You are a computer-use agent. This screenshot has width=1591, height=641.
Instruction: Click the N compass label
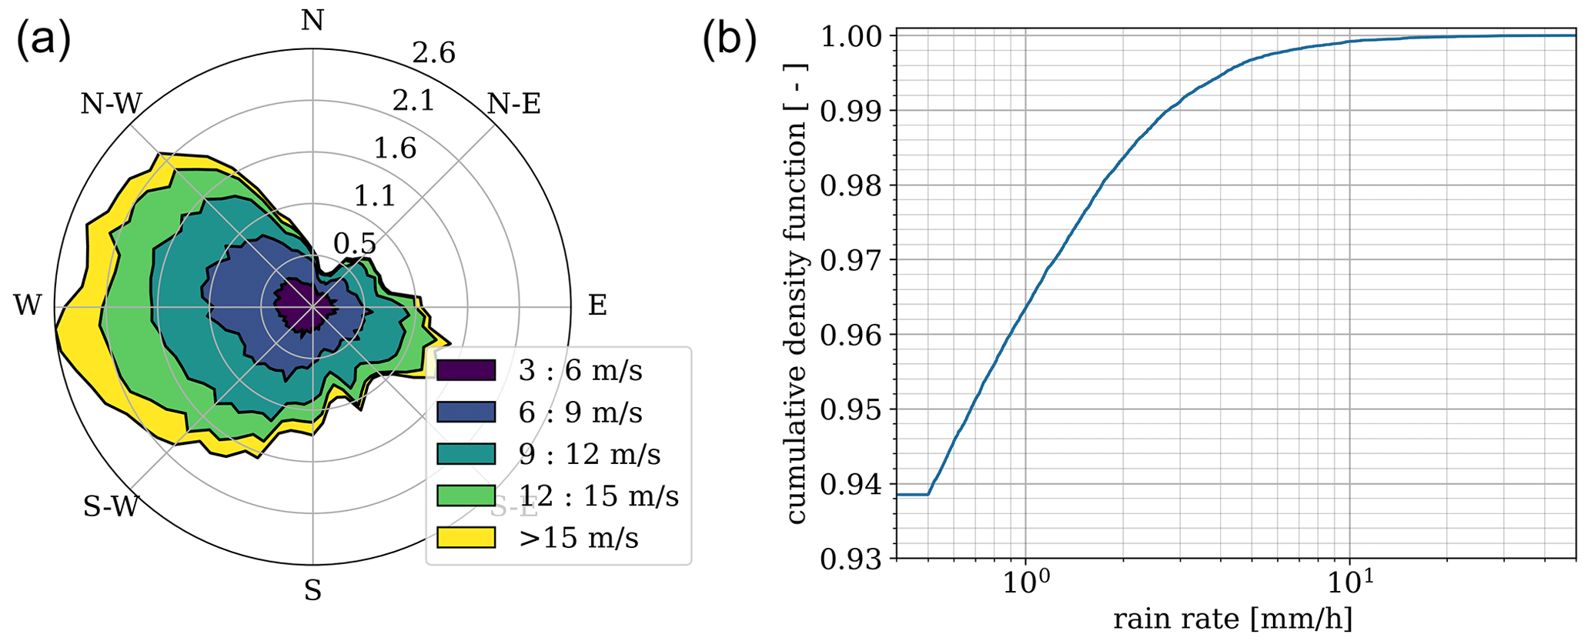pos(312,20)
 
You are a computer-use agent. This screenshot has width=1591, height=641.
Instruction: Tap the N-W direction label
pos(112,103)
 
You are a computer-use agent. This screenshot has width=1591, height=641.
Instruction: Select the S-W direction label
pos(111,506)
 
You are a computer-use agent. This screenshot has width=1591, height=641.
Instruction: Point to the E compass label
pos(597,305)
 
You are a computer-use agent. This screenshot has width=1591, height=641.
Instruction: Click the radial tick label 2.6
pos(433,53)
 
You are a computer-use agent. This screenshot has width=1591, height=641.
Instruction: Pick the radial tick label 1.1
pos(375,196)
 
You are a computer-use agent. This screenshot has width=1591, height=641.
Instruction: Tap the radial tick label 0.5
pos(355,244)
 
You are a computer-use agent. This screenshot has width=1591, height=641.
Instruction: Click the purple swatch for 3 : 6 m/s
pos(466,371)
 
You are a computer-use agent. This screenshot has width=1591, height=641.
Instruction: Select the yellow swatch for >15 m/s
pos(466,537)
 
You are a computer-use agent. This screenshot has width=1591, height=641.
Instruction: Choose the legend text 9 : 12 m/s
pos(590,454)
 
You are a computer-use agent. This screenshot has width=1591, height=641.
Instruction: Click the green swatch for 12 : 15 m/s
pos(466,496)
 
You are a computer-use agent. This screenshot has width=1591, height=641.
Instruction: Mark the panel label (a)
pos(43,40)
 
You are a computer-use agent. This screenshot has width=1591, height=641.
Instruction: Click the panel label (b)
pos(729,40)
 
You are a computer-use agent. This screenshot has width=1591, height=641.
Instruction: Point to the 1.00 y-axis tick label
pos(854,36)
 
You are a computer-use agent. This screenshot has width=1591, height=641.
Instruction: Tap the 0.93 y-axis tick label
pos(854,559)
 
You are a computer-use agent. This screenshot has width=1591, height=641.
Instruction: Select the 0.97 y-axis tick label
pos(854,260)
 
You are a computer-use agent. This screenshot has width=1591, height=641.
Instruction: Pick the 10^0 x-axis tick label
pos(1024,586)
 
